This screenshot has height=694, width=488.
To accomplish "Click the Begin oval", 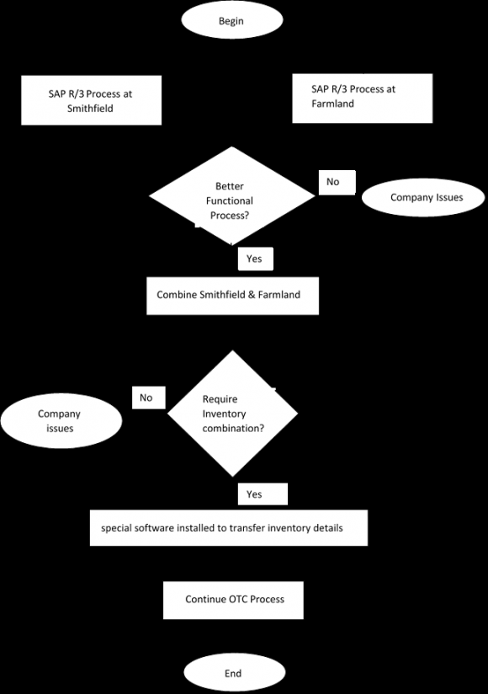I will pyautogui.click(x=231, y=21).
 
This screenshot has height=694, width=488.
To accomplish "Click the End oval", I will pyautogui.click(x=233, y=673).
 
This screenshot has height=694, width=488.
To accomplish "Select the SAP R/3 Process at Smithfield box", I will pyautogui.click(x=91, y=101).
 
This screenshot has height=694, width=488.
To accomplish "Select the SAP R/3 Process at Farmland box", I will pyautogui.click(x=362, y=98).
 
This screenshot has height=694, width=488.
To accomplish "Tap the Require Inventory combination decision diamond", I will pyautogui.click(x=233, y=414).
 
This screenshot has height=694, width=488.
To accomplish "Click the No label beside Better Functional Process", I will pyautogui.click(x=333, y=182).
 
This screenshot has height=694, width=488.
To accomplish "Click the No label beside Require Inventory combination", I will pyautogui.click(x=147, y=398).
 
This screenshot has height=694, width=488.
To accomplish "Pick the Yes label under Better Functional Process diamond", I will pyautogui.click(x=255, y=259).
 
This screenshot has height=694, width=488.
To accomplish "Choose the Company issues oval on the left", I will pyautogui.click(x=59, y=421).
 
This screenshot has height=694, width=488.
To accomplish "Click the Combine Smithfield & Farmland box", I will pyautogui.click(x=232, y=296).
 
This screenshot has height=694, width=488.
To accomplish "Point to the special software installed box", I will pyautogui.click(x=229, y=528).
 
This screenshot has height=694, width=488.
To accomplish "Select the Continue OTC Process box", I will pyautogui.click(x=233, y=600).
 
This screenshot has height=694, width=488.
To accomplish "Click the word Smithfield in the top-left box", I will pyautogui.click(x=90, y=109).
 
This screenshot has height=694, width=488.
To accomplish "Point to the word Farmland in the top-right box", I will pyautogui.click(x=333, y=104).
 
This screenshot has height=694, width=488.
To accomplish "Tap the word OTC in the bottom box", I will pyautogui.click(x=238, y=600).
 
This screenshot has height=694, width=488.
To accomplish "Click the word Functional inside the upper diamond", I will pyautogui.click(x=230, y=201).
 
